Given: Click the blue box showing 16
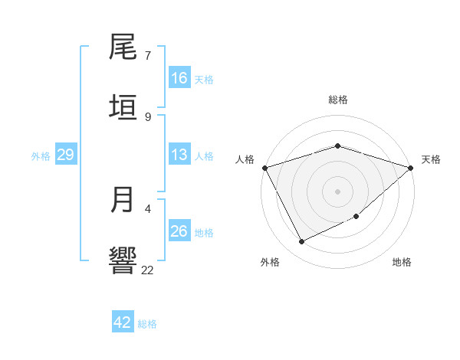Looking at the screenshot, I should (x=179, y=77).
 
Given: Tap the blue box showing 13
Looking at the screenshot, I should (x=179, y=155).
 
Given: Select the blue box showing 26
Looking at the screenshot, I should (x=179, y=231).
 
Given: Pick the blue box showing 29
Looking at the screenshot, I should (x=65, y=155).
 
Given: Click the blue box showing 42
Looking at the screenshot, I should (x=123, y=322).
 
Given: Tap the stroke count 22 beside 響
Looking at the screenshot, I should (x=148, y=270).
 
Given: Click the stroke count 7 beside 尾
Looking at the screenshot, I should (x=148, y=56).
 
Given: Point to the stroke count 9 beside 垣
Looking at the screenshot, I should (x=148, y=116).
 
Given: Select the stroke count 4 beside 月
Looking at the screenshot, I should (x=148, y=208).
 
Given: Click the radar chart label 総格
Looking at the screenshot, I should (x=338, y=100).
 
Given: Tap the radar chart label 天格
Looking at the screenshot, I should (x=431, y=159).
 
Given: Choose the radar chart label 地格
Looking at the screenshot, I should (x=402, y=262).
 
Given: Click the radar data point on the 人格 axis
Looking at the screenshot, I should (x=264, y=168).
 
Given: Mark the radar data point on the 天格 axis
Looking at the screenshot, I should (x=411, y=168).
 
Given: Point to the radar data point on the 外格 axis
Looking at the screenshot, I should (x=302, y=242).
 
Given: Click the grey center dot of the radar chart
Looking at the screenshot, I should (x=338, y=191).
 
